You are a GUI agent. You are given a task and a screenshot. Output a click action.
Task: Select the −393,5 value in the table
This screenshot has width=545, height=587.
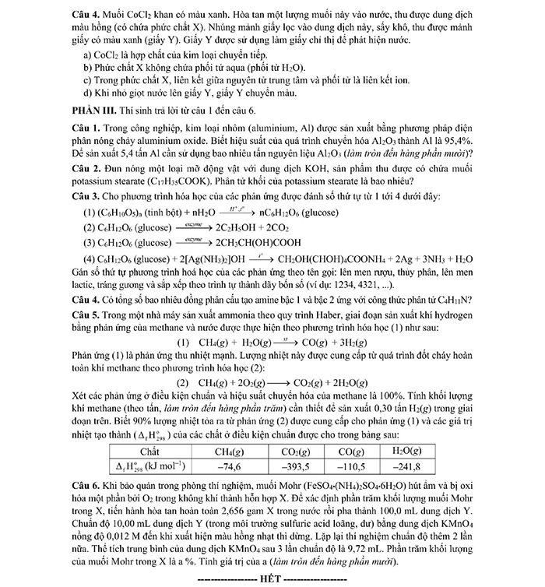[x=295, y=466]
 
